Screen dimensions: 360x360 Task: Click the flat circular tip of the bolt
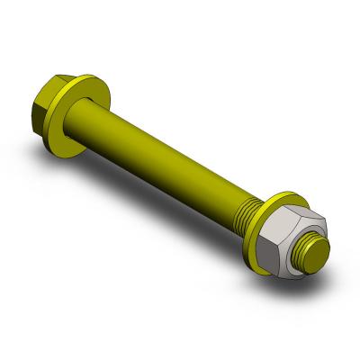[319, 250]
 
